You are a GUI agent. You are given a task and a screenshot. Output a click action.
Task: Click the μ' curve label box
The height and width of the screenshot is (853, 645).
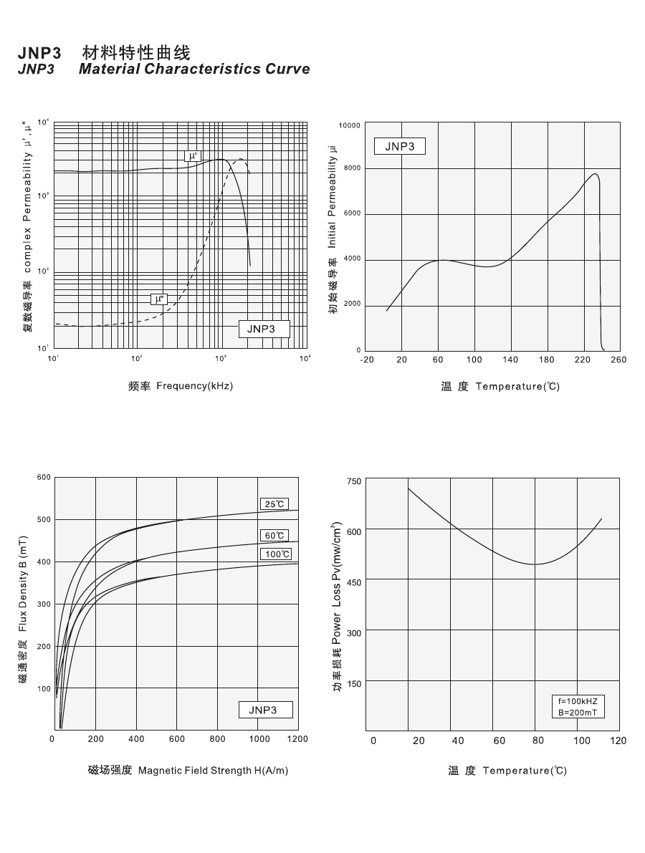point(192,155)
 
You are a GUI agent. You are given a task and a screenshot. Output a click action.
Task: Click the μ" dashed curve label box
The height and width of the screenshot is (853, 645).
point(158,299)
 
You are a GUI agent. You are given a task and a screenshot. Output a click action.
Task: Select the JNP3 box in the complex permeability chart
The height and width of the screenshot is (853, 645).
point(264,329)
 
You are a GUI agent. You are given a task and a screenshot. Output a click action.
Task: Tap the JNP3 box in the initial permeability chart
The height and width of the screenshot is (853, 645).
point(399,146)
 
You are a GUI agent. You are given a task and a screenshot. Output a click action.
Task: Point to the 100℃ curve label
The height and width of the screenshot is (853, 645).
point(277,554)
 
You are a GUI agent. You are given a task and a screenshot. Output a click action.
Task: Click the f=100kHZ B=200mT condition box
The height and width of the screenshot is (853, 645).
point(578,707)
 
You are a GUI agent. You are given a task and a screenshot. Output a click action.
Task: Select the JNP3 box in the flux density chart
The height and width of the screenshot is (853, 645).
point(266,710)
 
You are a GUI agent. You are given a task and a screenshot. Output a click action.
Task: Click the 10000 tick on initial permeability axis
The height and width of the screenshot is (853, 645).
point(350,125)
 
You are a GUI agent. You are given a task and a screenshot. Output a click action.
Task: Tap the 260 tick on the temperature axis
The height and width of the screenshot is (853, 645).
point(619,360)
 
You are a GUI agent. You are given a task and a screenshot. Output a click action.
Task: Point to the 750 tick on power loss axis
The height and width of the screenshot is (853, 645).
point(353,481)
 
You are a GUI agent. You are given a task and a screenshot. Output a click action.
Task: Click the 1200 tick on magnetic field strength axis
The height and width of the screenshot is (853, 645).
point(297,739)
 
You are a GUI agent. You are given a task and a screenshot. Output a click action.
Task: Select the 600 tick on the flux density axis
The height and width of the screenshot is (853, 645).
point(44,477)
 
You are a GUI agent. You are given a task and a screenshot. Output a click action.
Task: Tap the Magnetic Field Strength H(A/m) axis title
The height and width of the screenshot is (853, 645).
point(213,771)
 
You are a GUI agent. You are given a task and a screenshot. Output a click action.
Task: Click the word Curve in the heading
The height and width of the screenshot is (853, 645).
point(286,69)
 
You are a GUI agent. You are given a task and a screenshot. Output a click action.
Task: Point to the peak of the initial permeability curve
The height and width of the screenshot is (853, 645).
point(594,173)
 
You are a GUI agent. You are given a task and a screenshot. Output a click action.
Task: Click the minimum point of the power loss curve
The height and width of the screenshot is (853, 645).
point(534,564)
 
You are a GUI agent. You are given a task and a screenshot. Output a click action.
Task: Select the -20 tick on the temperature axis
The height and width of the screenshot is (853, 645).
point(366,360)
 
